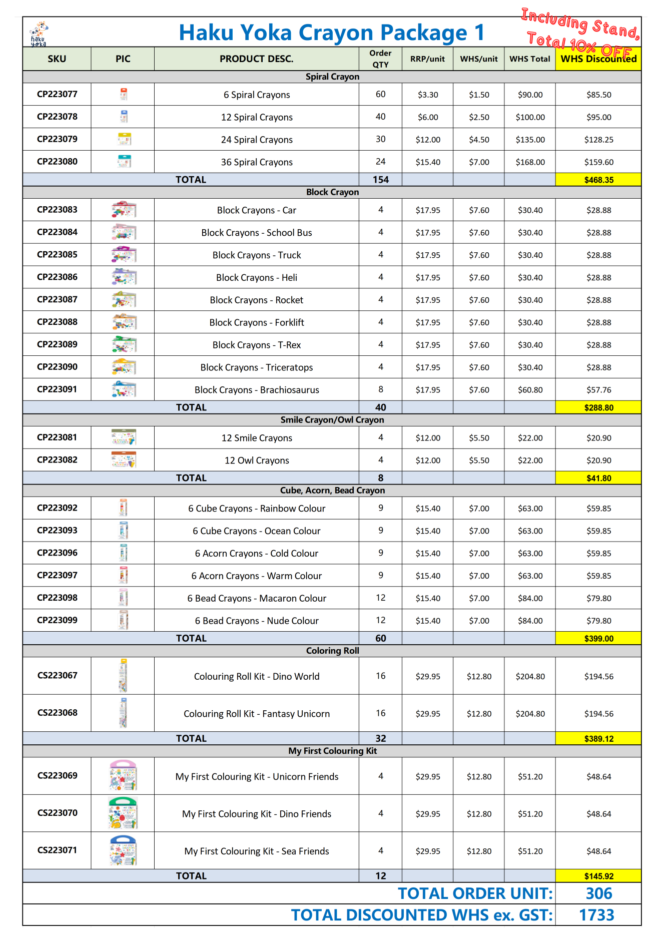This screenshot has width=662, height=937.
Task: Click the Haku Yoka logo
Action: pyautogui.click(x=39, y=34)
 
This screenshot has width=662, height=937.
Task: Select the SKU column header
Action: pyautogui.click(x=57, y=59)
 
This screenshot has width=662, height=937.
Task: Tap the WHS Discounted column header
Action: pyautogui.click(x=598, y=59)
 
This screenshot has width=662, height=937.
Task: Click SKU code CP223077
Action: pyautogui.click(x=57, y=94)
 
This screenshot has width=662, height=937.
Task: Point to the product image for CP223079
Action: pyautogui.click(x=124, y=139)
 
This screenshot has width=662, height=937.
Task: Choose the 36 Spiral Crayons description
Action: pyautogui.click(x=257, y=162)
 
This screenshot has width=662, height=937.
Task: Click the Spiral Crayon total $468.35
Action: pyautogui.click(x=598, y=180)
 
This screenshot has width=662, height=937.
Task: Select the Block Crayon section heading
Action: pyautogui.click(x=332, y=192)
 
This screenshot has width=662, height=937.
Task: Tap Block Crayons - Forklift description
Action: pyautogui.click(x=257, y=322)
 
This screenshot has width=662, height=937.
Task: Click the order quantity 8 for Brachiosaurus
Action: pyautogui.click(x=381, y=389)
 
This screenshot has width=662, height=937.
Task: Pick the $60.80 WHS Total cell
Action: pyautogui.click(x=530, y=390)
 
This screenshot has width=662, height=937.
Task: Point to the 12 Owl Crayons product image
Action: pyautogui.click(x=124, y=459)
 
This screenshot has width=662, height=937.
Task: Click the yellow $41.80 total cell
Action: pyautogui.click(x=598, y=478)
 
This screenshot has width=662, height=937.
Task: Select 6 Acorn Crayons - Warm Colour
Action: pyautogui.click(x=257, y=576)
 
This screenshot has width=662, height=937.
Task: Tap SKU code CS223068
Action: pyautogui.click(x=57, y=712)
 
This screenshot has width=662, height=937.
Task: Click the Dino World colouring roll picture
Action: pyautogui.click(x=123, y=676)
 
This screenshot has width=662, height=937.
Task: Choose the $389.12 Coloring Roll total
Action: pyautogui.click(x=598, y=738)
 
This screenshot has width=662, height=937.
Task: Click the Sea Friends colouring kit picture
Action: pyautogui.click(x=123, y=850)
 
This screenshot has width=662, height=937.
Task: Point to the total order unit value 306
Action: pyautogui.click(x=598, y=893)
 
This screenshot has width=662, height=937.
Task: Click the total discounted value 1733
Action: pyautogui.click(x=596, y=915)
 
